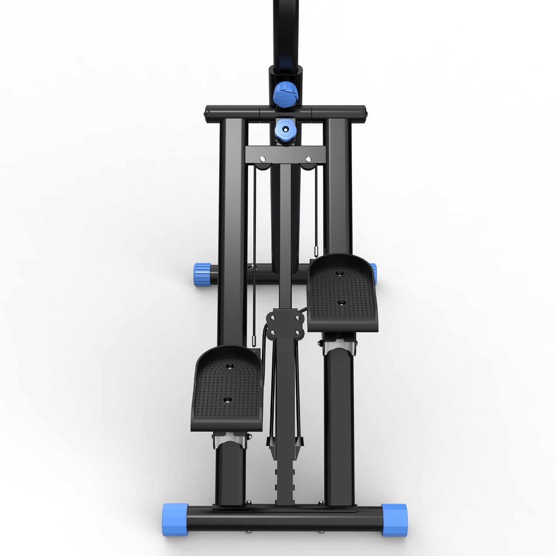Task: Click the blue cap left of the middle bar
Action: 201,274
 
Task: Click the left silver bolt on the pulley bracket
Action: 262,159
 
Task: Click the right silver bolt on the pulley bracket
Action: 308,159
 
